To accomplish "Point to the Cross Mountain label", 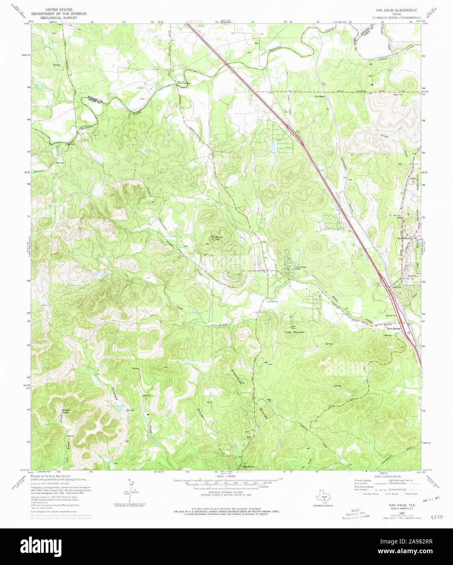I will (294, 332).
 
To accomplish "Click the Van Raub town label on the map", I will (320, 96).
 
